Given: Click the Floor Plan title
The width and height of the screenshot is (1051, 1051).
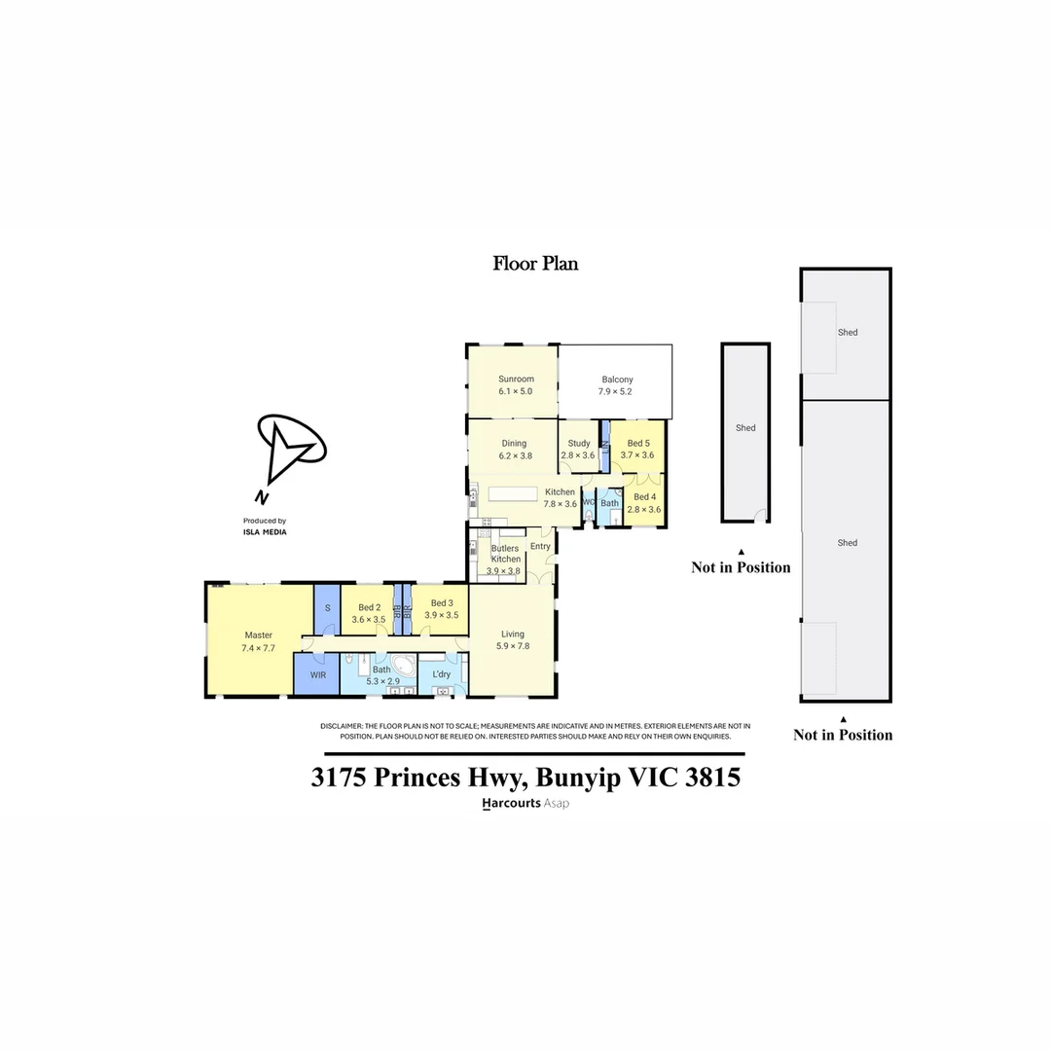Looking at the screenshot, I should [x=535, y=263].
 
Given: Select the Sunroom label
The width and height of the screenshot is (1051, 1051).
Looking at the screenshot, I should [x=516, y=379].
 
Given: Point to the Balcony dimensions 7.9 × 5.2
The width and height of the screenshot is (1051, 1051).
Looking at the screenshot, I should [x=615, y=391].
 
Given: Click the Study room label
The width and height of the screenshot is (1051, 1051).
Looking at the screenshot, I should [x=579, y=443].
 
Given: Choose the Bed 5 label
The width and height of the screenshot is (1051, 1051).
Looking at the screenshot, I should [x=638, y=443].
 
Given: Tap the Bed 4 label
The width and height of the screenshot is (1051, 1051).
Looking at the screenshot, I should [x=644, y=497].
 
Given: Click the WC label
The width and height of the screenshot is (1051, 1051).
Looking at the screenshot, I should [x=589, y=502].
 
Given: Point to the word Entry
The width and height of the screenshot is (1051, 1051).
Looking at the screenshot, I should [x=540, y=546].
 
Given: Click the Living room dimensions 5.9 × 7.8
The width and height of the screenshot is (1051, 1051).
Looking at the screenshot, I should [x=512, y=646].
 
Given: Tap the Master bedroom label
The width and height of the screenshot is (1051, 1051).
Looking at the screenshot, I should [x=258, y=634].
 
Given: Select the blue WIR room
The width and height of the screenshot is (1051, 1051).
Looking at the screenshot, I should [x=317, y=674].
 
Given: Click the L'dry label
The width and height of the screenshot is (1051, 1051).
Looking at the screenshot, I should [x=440, y=673].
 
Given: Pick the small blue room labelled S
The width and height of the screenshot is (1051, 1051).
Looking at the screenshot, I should [x=328, y=608].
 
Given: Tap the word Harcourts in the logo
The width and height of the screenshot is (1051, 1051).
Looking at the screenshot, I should [x=512, y=804].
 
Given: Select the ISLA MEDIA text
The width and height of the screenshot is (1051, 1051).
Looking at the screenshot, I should [x=265, y=532].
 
